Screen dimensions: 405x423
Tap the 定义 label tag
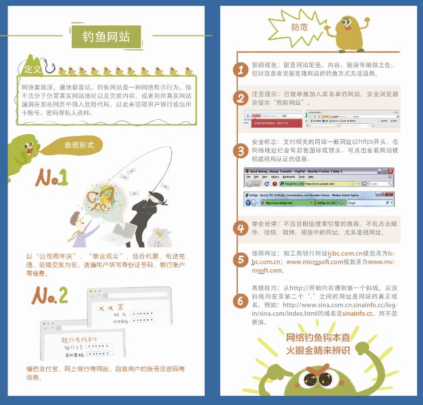click(x=32, y=69)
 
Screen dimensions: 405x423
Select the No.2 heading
click(x=50, y=295)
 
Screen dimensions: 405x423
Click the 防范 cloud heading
click(x=299, y=27)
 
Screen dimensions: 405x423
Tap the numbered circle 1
click(x=240, y=69)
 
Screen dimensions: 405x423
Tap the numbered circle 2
click(x=240, y=97)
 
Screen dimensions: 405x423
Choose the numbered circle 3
click(x=240, y=151)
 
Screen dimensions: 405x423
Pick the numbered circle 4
click(x=240, y=228)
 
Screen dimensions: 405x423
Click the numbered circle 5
click(x=240, y=260)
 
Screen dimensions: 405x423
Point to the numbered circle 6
click(x=240, y=300)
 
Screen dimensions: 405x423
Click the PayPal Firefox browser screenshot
click(x=319, y=178)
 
